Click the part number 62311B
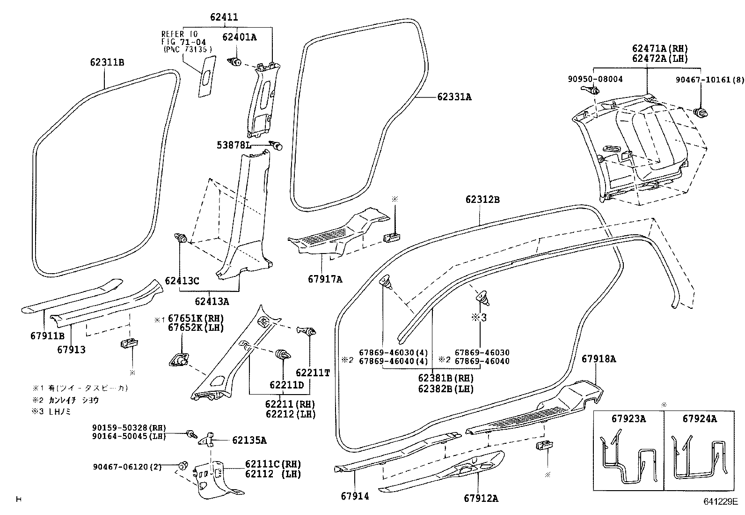click(107, 62)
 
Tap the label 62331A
click(454, 97)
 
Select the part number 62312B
click(482, 200)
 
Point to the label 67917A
click(325, 279)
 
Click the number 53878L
click(234, 145)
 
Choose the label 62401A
click(240, 37)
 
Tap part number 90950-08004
click(595, 79)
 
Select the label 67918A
click(599, 359)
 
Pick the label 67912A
click(481, 498)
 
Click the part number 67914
click(355, 496)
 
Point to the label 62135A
click(249, 440)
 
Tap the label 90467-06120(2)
click(127, 467)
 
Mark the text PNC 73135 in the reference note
click(188, 50)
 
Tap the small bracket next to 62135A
click(207, 439)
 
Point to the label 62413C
click(182, 281)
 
